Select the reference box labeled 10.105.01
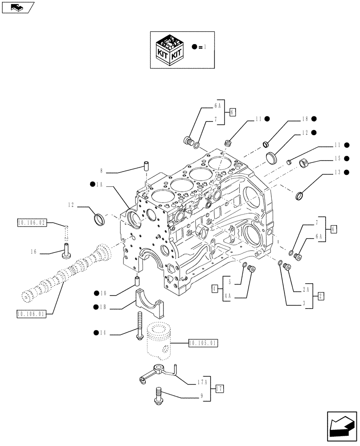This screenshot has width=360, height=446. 203,343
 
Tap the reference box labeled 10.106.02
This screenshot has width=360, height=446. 32,222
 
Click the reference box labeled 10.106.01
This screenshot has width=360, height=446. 32,314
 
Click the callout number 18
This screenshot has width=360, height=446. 305,119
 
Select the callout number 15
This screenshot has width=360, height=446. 337,158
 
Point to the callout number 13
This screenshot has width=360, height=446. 337,172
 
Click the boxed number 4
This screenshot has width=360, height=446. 215,289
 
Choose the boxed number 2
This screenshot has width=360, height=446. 321,295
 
